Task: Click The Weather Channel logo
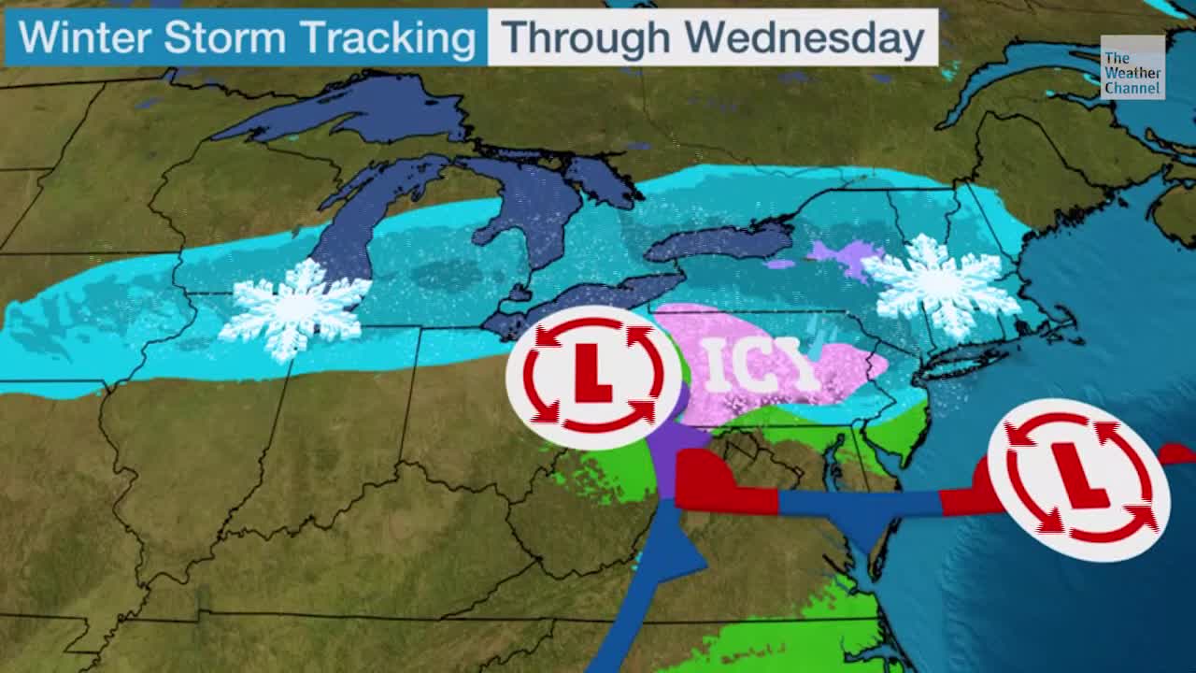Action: click(1132, 68)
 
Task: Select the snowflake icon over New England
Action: click(941, 285)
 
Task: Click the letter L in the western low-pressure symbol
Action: click(591, 376)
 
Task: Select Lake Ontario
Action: click(719, 243)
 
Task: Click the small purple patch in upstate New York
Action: click(846, 257)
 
